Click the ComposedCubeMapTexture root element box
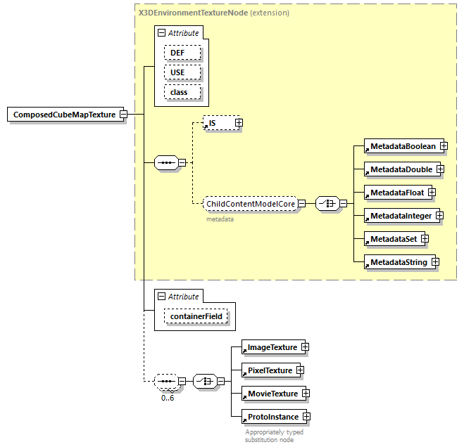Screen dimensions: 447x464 click(x=64, y=115)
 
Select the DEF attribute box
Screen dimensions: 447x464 click(x=182, y=53)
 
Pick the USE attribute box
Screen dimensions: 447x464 click(x=182, y=72)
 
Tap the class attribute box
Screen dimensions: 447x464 click(x=182, y=92)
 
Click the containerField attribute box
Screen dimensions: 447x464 click(x=196, y=317)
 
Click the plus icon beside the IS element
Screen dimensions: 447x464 click(x=238, y=123)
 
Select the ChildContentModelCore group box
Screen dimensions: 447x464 click(x=249, y=204)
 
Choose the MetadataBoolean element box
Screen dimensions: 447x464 click(x=403, y=146)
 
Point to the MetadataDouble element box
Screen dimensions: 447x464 click(x=401, y=169)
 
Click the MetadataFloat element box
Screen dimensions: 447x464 click(x=396, y=193)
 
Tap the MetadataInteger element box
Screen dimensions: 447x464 click(x=400, y=216)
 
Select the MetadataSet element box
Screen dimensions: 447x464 click(x=393, y=239)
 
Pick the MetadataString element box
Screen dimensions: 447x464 click(x=398, y=262)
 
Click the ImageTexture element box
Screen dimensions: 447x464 click(x=271, y=347)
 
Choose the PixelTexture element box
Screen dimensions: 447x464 click(x=268, y=370)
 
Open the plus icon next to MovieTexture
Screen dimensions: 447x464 click(x=306, y=394)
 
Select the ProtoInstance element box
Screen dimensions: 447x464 click(x=272, y=417)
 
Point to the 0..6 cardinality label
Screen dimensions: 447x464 click(x=168, y=398)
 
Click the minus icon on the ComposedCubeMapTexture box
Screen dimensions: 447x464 click(x=123, y=115)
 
